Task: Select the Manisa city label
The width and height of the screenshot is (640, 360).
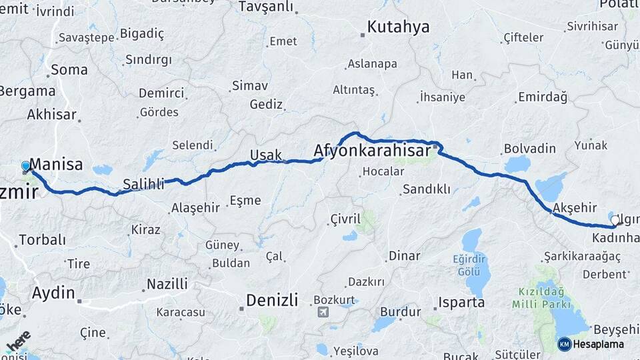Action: click(57, 164)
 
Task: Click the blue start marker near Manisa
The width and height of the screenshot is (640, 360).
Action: click(26, 166)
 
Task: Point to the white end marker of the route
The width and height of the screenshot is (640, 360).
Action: click(615, 219)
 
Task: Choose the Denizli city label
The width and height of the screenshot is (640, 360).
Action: click(272, 300)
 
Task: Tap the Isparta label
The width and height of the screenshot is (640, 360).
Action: click(461, 303)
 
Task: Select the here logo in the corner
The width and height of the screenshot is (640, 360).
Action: click(18, 344)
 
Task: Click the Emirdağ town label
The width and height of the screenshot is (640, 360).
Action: click(542, 98)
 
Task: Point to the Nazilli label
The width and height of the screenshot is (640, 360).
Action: click(167, 284)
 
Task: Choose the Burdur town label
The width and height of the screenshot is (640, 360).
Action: click(400, 311)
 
